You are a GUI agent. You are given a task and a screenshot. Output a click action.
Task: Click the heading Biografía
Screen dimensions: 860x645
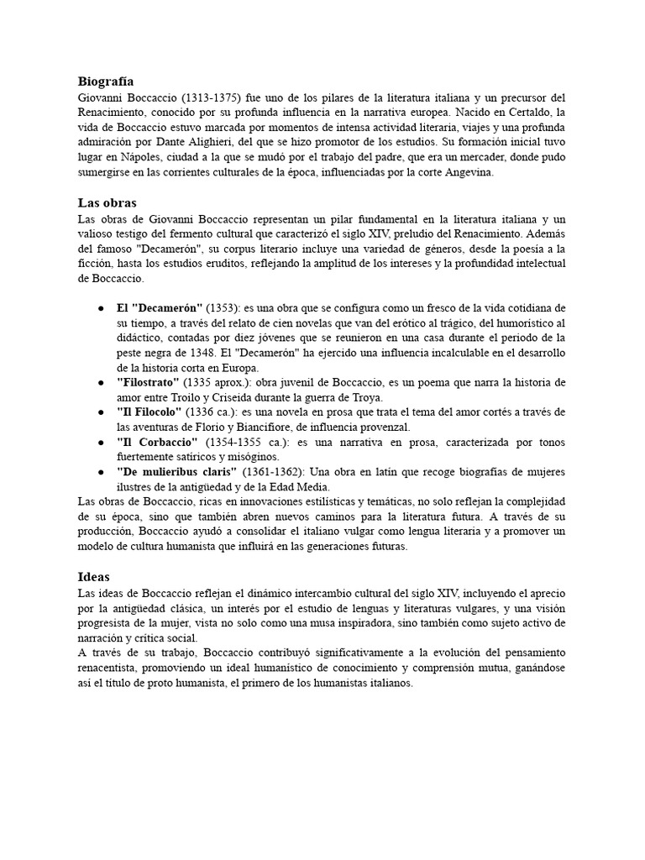pos(105,81)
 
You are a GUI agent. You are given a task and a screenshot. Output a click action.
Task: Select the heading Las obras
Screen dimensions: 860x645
pos(107,203)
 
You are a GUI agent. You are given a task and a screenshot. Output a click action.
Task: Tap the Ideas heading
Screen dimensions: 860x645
pos(94,577)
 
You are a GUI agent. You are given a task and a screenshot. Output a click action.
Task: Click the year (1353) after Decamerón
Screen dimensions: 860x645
pos(224,307)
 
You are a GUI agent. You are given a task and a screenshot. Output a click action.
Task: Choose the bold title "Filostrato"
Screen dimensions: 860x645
pos(149,383)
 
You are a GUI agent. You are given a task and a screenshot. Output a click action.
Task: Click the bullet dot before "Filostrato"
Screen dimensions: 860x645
pos(100,383)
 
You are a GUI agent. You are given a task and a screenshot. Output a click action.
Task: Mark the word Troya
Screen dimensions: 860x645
pos(365,397)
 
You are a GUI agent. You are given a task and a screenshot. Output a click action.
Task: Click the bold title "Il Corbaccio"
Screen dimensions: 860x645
pos(157,443)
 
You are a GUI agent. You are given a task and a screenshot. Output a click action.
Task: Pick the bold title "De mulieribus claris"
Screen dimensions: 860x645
pos(176,473)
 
